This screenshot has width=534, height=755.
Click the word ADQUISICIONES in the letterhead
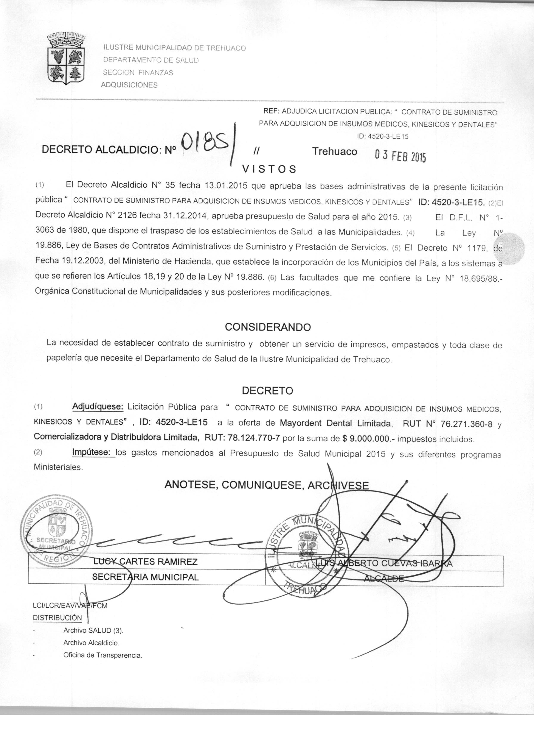[129, 85]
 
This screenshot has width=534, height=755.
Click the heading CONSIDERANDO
[268, 327]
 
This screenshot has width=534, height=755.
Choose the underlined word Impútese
[93, 453]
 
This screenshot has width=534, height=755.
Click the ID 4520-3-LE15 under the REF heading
[382, 137]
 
